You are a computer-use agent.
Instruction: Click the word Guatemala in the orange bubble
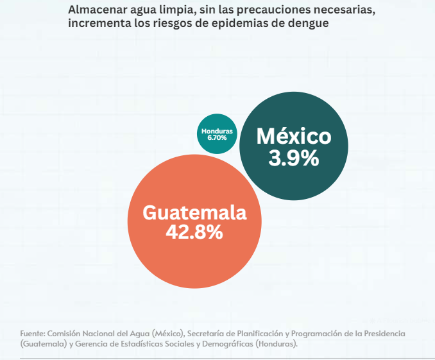click(194, 212)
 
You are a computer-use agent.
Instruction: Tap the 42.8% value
click(194, 232)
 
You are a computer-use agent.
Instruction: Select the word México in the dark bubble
click(294, 137)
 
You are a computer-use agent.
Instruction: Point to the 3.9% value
click(294, 158)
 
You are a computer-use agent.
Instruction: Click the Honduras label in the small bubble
click(217, 131)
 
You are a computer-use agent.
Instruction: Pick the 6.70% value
click(217, 137)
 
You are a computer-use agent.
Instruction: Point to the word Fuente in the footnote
click(32, 334)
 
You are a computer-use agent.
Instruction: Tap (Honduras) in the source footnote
click(277, 344)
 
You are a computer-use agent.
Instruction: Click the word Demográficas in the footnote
click(225, 344)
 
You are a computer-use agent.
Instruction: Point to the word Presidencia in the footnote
click(382, 334)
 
